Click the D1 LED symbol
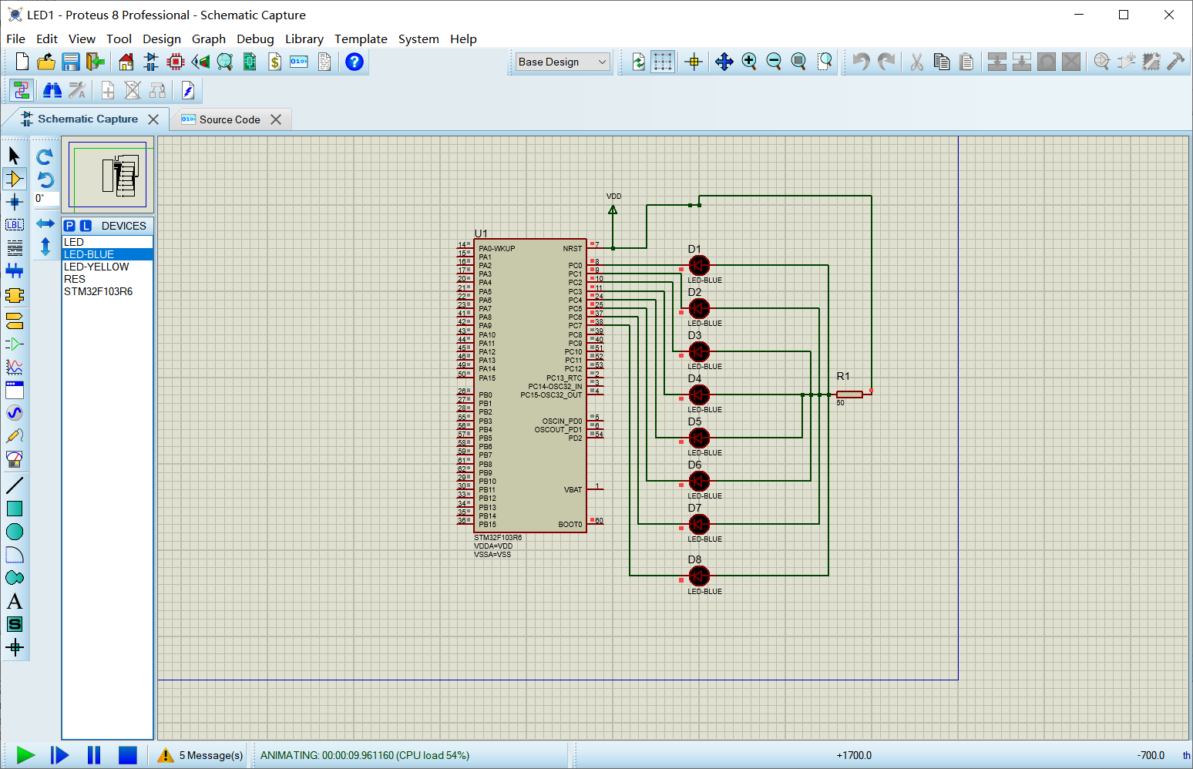(x=699, y=266)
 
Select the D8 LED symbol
(x=699, y=576)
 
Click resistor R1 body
(x=849, y=395)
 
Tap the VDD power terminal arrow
(x=613, y=210)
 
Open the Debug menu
(x=255, y=39)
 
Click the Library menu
(x=304, y=39)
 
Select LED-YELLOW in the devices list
(x=96, y=267)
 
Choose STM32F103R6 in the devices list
(x=98, y=291)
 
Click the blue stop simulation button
(x=128, y=755)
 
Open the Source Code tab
(x=229, y=119)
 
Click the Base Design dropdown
(x=562, y=62)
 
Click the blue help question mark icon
(x=354, y=62)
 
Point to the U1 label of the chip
(x=481, y=233)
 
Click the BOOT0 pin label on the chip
(x=570, y=525)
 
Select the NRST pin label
(x=572, y=249)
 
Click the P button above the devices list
(x=70, y=226)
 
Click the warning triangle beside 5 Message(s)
(x=166, y=755)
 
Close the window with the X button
(x=1168, y=15)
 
